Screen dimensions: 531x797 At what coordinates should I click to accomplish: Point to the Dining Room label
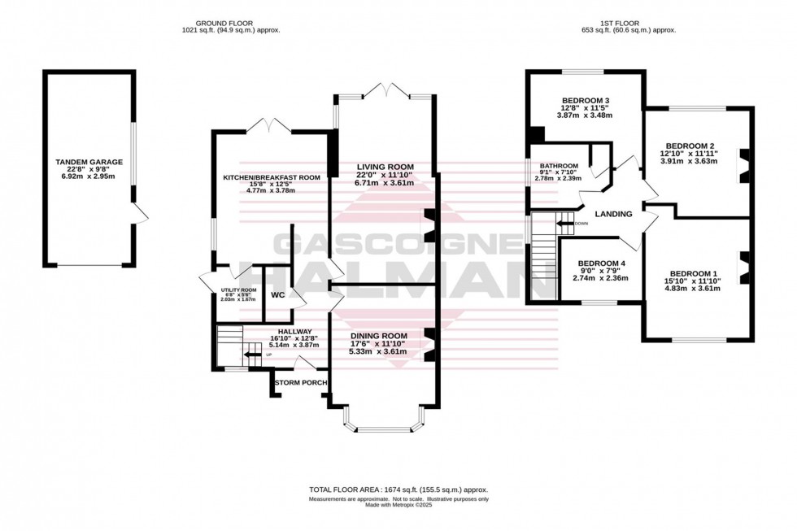378,336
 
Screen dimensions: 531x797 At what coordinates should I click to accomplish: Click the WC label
277,294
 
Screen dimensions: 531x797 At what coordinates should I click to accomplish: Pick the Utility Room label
238,290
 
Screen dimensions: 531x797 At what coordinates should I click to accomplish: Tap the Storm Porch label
301,382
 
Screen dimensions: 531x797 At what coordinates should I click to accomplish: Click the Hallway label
290,331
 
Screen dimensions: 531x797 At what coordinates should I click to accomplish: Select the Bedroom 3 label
584,102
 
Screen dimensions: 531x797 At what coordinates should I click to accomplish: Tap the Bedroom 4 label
602,264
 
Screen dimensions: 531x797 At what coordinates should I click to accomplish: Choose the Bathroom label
559,166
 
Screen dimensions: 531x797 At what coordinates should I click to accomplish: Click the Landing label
614,215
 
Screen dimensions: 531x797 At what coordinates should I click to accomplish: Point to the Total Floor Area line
398,490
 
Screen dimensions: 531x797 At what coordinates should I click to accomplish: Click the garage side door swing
142,215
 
